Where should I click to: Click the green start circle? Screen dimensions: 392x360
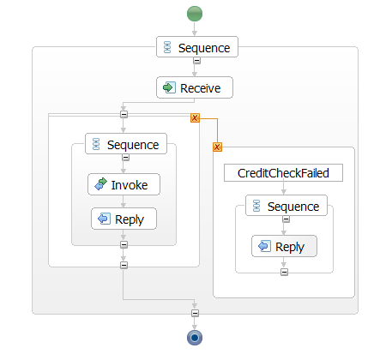click(x=195, y=14)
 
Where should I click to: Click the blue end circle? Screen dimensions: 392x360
click(x=195, y=338)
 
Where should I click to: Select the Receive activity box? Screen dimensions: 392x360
click(x=195, y=87)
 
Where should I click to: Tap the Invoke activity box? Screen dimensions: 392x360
click(x=124, y=184)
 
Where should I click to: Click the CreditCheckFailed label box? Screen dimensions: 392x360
click(x=283, y=173)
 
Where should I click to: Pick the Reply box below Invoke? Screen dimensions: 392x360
click(x=124, y=219)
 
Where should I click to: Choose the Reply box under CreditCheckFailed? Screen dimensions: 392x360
click(x=284, y=246)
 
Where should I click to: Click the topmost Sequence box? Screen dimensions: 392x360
click(x=197, y=47)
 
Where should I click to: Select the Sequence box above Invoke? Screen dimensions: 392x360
click(x=126, y=144)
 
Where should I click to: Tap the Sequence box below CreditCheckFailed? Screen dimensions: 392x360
click(x=286, y=206)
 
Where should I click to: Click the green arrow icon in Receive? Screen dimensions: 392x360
click(x=169, y=87)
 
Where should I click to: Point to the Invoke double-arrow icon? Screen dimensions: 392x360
click(x=100, y=184)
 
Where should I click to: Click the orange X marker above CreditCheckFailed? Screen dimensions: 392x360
click(x=217, y=147)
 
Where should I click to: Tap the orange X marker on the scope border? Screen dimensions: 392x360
click(x=195, y=117)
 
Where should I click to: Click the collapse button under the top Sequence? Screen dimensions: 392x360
click(x=196, y=61)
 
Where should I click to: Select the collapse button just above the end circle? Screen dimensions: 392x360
click(x=195, y=314)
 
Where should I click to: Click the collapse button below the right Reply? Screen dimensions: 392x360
click(x=284, y=272)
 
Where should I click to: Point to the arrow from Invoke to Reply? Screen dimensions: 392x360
click(x=124, y=201)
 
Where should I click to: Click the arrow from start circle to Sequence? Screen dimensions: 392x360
click(x=195, y=29)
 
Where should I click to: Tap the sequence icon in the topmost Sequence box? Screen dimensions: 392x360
click(x=167, y=47)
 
